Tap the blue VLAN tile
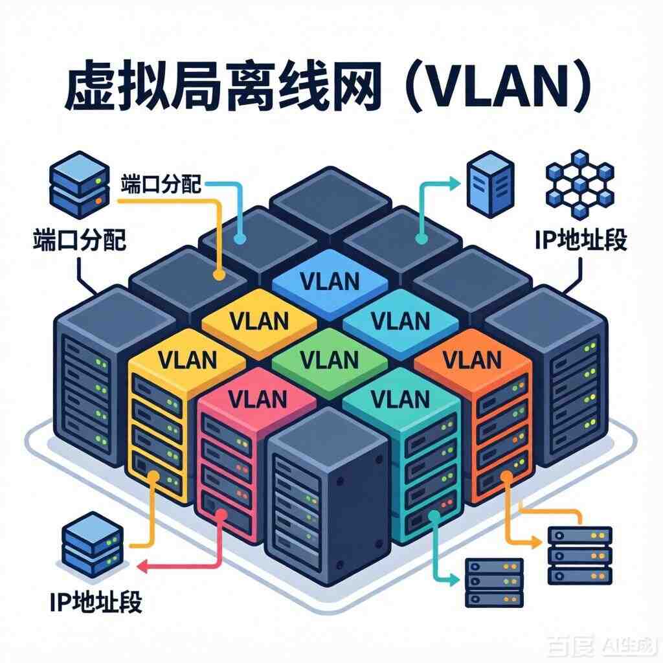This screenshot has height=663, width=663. pyautogui.click(x=330, y=280)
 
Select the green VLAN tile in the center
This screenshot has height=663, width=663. pyautogui.click(x=330, y=358)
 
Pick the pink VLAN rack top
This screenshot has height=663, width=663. pyautogui.click(x=258, y=396)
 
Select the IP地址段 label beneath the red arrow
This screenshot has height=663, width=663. pyautogui.click(x=96, y=601)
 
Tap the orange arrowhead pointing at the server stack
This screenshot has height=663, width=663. pyautogui.click(x=539, y=540)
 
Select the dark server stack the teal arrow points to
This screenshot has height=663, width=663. pyautogui.click(x=494, y=583)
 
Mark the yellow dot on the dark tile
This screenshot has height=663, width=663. pyautogui.click(x=219, y=275)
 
